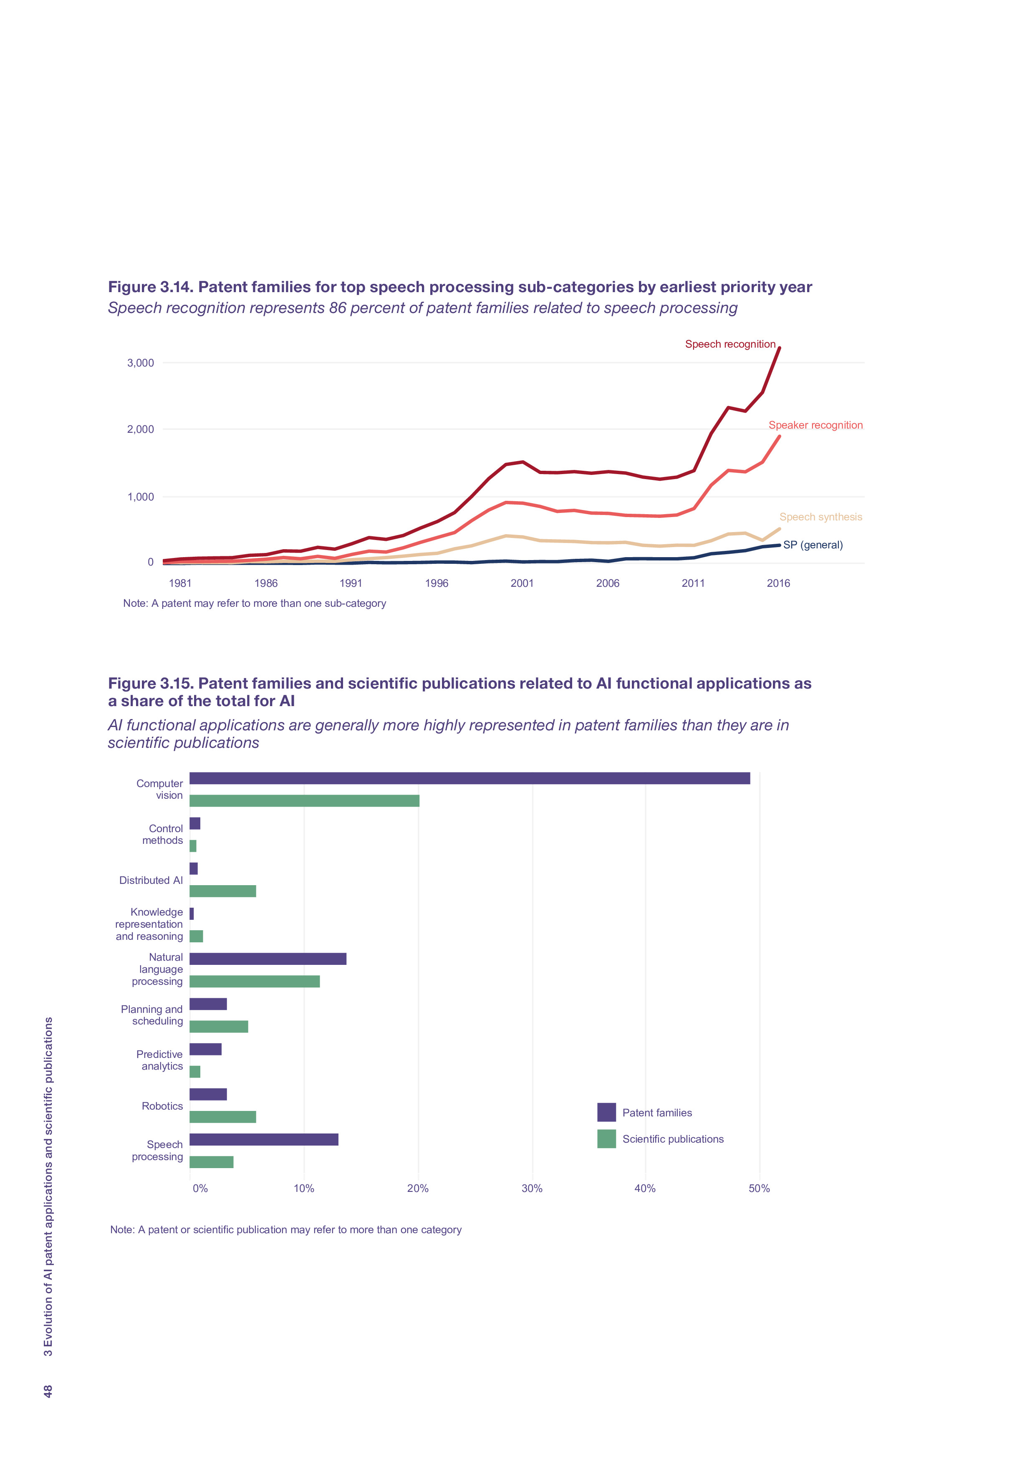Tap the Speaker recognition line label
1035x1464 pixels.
tap(815, 425)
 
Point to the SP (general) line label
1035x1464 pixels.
tap(813, 545)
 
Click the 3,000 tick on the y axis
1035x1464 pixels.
tap(140, 363)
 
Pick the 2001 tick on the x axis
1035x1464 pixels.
tap(522, 583)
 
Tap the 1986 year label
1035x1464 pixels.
tap(265, 583)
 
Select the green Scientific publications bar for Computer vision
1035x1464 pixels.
tap(304, 801)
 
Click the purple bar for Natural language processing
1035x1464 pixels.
tap(268, 959)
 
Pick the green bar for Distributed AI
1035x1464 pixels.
tap(222, 891)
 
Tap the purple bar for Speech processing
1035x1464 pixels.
tap(264, 1139)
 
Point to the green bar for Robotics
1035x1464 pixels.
tap(222, 1117)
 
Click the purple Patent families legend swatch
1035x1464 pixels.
tap(606, 1113)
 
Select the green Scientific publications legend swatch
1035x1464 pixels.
tap(606, 1139)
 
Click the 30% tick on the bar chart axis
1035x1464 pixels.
tap(532, 1189)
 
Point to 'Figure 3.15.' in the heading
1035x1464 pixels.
tap(151, 684)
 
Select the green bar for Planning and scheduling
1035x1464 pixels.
tap(219, 1027)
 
